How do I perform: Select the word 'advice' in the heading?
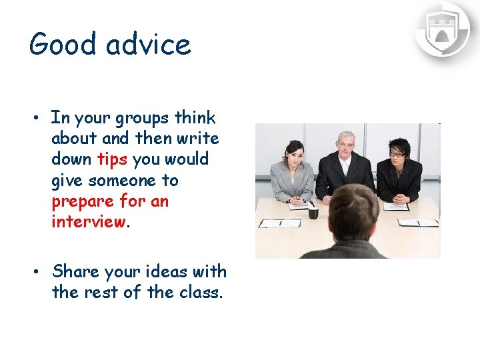(x=149, y=45)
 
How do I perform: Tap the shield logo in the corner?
(x=442, y=29)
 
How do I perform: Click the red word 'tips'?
(x=113, y=159)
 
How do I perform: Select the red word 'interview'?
(x=88, y=222)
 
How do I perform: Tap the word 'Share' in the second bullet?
(x=73, y=272)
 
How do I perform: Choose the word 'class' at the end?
(x=199, y=292)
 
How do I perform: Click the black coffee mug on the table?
(x=313, y=213)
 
